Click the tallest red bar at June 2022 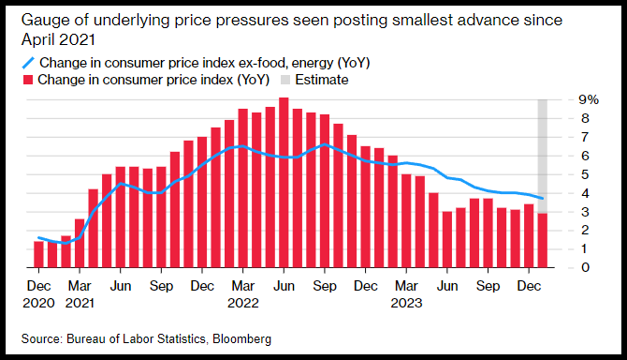284,182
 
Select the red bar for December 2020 38,254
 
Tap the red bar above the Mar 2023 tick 406,220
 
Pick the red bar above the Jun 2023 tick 447,239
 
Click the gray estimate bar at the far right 543,157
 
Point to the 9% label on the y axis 589,99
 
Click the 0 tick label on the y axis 586,267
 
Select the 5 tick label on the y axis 586,174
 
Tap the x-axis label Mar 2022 243,294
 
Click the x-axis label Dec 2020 38,294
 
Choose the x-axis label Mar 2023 406,294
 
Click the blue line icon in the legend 28,63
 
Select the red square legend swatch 27,80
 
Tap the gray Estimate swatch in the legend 285,80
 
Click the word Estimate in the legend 322,80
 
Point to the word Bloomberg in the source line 242,338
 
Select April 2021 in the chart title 58,39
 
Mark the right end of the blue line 543,198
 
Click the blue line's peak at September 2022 325,144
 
